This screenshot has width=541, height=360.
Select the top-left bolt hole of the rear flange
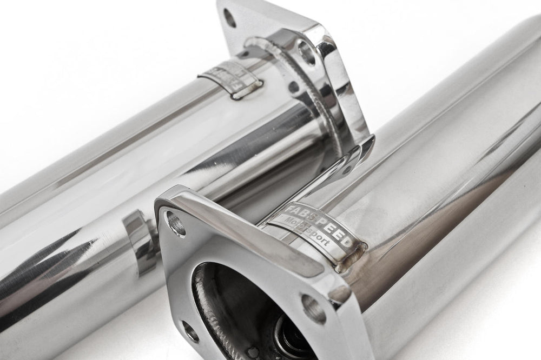[x=229, y=18]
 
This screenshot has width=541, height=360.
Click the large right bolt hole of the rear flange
[x=307, y=52]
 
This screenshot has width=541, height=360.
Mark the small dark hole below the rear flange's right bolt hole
[x=294, y=86]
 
